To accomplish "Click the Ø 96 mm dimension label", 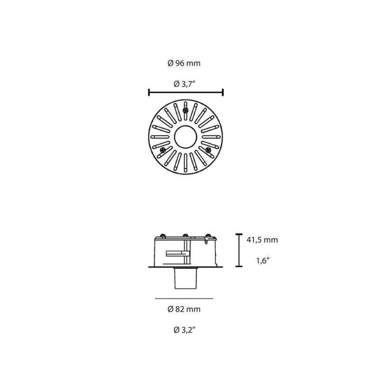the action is [x=184, y=63].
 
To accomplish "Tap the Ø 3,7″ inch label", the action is [x=184, y=84].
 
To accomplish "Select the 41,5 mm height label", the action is [x=262, y=240].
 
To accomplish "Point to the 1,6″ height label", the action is [x=263, y=261].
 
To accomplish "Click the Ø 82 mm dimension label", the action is [x=184, y=309].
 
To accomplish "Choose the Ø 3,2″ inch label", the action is [x=184, y=330].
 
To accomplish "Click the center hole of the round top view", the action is [x=186, y=137].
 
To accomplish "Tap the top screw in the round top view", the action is [x=186, y=110].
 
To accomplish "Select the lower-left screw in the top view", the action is [x=163, y=150].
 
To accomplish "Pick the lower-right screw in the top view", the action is [x=208, y=150].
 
